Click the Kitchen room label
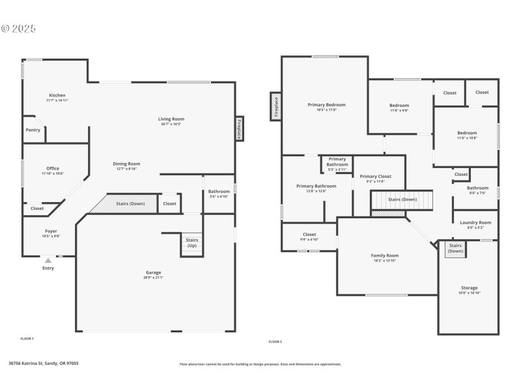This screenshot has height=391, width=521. pos(57,95)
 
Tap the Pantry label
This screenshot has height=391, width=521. pos(33,130)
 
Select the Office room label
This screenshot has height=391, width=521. pos(52,169)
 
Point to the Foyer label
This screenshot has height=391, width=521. pos(51,231)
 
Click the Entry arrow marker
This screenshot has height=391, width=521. pos(48,261)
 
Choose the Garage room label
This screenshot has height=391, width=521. pos(153,272)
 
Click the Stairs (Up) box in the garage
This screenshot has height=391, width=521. pos(192,243)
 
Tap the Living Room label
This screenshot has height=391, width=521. pos(171,119)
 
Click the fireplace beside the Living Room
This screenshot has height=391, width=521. pos(240,129)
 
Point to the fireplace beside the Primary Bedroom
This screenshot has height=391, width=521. pos(276,106)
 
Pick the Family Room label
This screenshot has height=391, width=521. pos(384,255)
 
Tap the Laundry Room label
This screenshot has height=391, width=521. pos(475,223)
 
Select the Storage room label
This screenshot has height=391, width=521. pos(469,287)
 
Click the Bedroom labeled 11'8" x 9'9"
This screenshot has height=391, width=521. pos(399,106)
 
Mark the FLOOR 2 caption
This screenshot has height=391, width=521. pos(275,341)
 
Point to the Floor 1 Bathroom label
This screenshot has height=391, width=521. pos(219,192)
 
